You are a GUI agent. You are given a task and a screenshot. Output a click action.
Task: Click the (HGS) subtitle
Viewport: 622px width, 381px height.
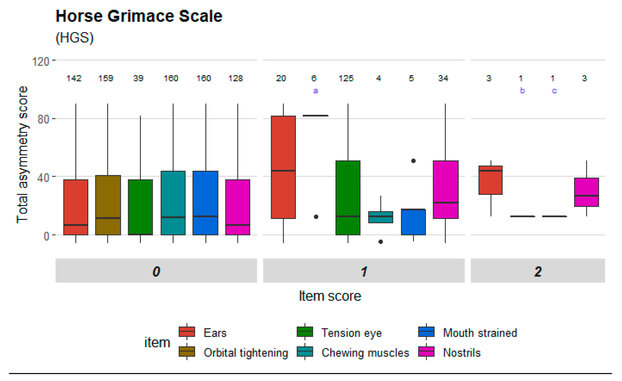75,38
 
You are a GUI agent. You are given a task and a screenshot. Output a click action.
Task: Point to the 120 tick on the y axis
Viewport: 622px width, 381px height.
40,61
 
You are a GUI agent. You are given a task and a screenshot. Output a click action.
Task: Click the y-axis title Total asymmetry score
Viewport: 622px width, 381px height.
22,154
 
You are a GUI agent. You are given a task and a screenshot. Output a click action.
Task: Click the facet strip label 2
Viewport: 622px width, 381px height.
538,271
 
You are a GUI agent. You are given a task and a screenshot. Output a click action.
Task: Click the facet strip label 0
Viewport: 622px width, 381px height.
156,271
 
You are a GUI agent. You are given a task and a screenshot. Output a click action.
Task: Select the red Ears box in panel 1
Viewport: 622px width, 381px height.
283,167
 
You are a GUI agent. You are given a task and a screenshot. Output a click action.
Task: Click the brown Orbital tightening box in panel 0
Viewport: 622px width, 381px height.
108,205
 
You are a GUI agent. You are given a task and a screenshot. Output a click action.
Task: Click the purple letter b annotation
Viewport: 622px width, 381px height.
522,90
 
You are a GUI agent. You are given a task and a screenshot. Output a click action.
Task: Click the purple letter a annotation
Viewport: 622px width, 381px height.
316,91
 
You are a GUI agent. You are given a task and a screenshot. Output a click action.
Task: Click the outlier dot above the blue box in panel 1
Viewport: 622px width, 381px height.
413,161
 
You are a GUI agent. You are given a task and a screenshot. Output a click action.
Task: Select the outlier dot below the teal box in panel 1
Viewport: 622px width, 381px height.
381,242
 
